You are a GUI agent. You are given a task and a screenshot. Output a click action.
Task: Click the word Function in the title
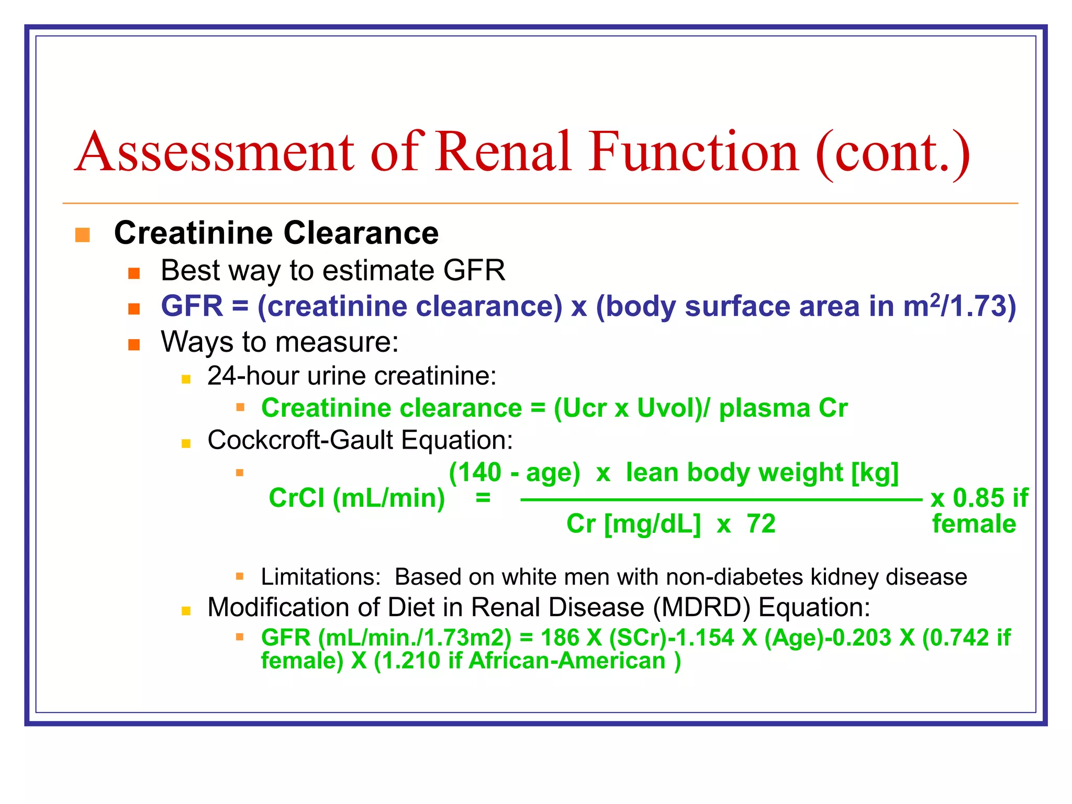click(x=694, y=152)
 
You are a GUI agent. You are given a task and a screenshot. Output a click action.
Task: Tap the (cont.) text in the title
click(x=892, y=153)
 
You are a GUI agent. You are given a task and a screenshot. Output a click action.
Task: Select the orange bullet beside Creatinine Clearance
click(x=83, y=234)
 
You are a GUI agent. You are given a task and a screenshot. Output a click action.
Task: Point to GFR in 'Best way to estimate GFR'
click(x=474, y=271)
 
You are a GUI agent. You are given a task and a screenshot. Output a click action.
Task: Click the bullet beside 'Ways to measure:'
click(x=134, y=344)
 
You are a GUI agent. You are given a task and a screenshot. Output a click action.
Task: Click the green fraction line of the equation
click(x=721, y=500)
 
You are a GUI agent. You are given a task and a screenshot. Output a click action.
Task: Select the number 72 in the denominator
click(x=761, y=524)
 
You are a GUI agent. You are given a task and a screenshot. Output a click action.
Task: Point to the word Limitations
click(x=319, y=577)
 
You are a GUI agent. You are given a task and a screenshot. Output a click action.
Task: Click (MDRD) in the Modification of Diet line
click(x=701, y=608)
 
